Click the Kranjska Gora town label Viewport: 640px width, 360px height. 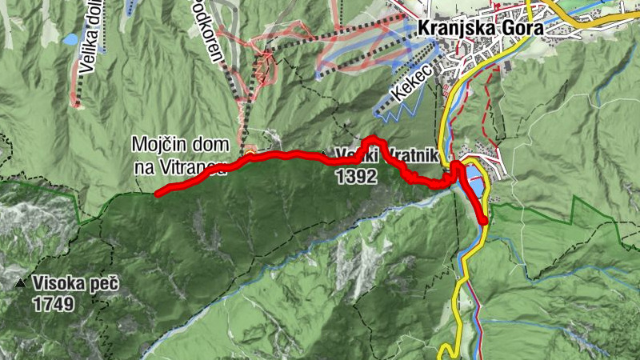point(480,28)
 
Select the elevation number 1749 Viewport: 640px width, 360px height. point(54,304)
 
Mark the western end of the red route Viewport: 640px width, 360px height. point(157,194)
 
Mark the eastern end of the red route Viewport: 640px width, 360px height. point(485,222)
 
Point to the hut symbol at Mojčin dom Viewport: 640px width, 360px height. point(251,149)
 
